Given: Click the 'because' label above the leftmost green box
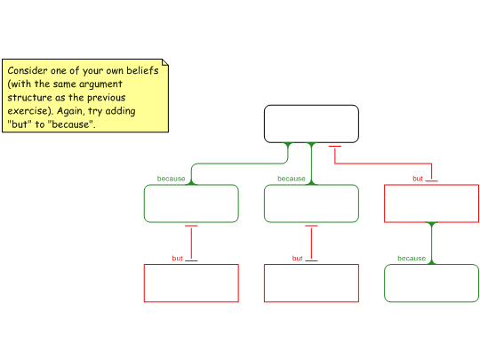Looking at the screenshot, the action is tap(172, 179).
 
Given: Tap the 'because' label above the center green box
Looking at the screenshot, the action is tap(292, 179).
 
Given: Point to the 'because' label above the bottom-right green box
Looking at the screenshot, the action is tap(412, 259).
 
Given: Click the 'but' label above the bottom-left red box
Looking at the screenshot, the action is tap(177, 259).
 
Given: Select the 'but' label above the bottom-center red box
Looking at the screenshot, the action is tap(297, 259).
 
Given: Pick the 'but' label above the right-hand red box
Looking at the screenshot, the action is tap(418, 179).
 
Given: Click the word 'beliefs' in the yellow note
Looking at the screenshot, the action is tap(142, 70).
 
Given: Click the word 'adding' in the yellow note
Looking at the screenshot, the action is tap(120, 111).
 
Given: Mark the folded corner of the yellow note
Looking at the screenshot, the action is tap(165, 62).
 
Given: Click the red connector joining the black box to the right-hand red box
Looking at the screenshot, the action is tap(383, 164).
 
